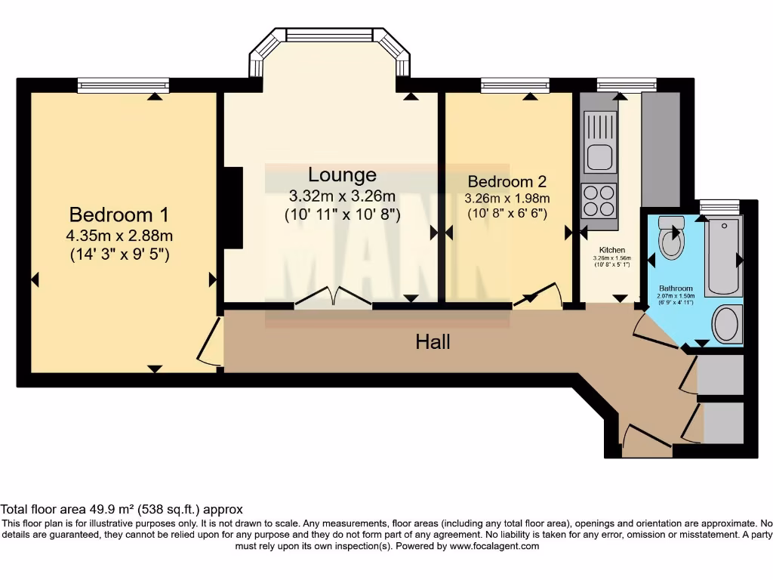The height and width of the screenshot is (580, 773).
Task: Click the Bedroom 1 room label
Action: (119, 214)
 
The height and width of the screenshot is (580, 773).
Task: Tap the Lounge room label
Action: (342, 175)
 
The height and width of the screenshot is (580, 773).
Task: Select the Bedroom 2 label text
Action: (507, 182)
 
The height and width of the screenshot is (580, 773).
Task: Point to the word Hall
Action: (433, 342)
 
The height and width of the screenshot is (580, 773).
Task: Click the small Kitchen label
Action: (611, 250)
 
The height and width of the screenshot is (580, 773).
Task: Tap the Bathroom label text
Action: (676, 288)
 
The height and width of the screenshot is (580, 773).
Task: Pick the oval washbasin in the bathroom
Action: (728, 324)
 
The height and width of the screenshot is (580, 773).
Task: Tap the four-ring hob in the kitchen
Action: (599, 200)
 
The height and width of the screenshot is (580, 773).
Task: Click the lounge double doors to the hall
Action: (333, 298)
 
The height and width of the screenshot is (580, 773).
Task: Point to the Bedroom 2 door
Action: (537, 296)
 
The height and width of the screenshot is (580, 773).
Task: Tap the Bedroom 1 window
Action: (123, 86)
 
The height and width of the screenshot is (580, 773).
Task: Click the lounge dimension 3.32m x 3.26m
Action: (342, 196)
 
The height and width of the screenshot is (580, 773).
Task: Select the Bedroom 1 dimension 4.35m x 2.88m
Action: (119, 236)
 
